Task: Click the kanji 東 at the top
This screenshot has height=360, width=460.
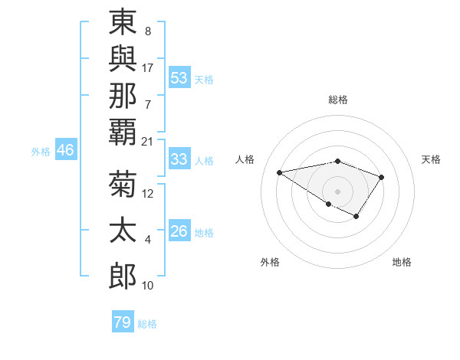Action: (123, 24)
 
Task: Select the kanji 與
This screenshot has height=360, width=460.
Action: (123, 60)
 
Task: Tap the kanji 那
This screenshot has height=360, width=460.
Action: (123, 96)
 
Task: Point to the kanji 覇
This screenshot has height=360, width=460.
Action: (123, 132)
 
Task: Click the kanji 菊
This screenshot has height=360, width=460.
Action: (123, 185)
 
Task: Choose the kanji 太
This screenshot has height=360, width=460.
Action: (123, 231)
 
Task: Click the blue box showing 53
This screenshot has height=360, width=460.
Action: (179, 78)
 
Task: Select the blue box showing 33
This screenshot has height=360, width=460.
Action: (179, 159)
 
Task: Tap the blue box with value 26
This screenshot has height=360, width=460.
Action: (179, 231)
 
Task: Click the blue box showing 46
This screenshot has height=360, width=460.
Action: (65, 151)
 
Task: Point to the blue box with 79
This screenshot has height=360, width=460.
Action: (123, 322)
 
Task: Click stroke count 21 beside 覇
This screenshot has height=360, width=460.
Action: (147, 142)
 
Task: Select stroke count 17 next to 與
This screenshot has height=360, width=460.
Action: (148, 68)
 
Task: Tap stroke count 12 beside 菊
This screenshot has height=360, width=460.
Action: (147, 194)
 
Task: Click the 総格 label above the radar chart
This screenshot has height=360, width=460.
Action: (338, 100)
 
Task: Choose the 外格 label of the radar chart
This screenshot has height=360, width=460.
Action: (270, 262)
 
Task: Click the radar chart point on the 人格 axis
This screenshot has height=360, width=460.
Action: (280, 172)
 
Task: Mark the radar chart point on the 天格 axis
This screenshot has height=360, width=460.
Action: (381, 178)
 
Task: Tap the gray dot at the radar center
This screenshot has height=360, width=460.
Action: (337, 191)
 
